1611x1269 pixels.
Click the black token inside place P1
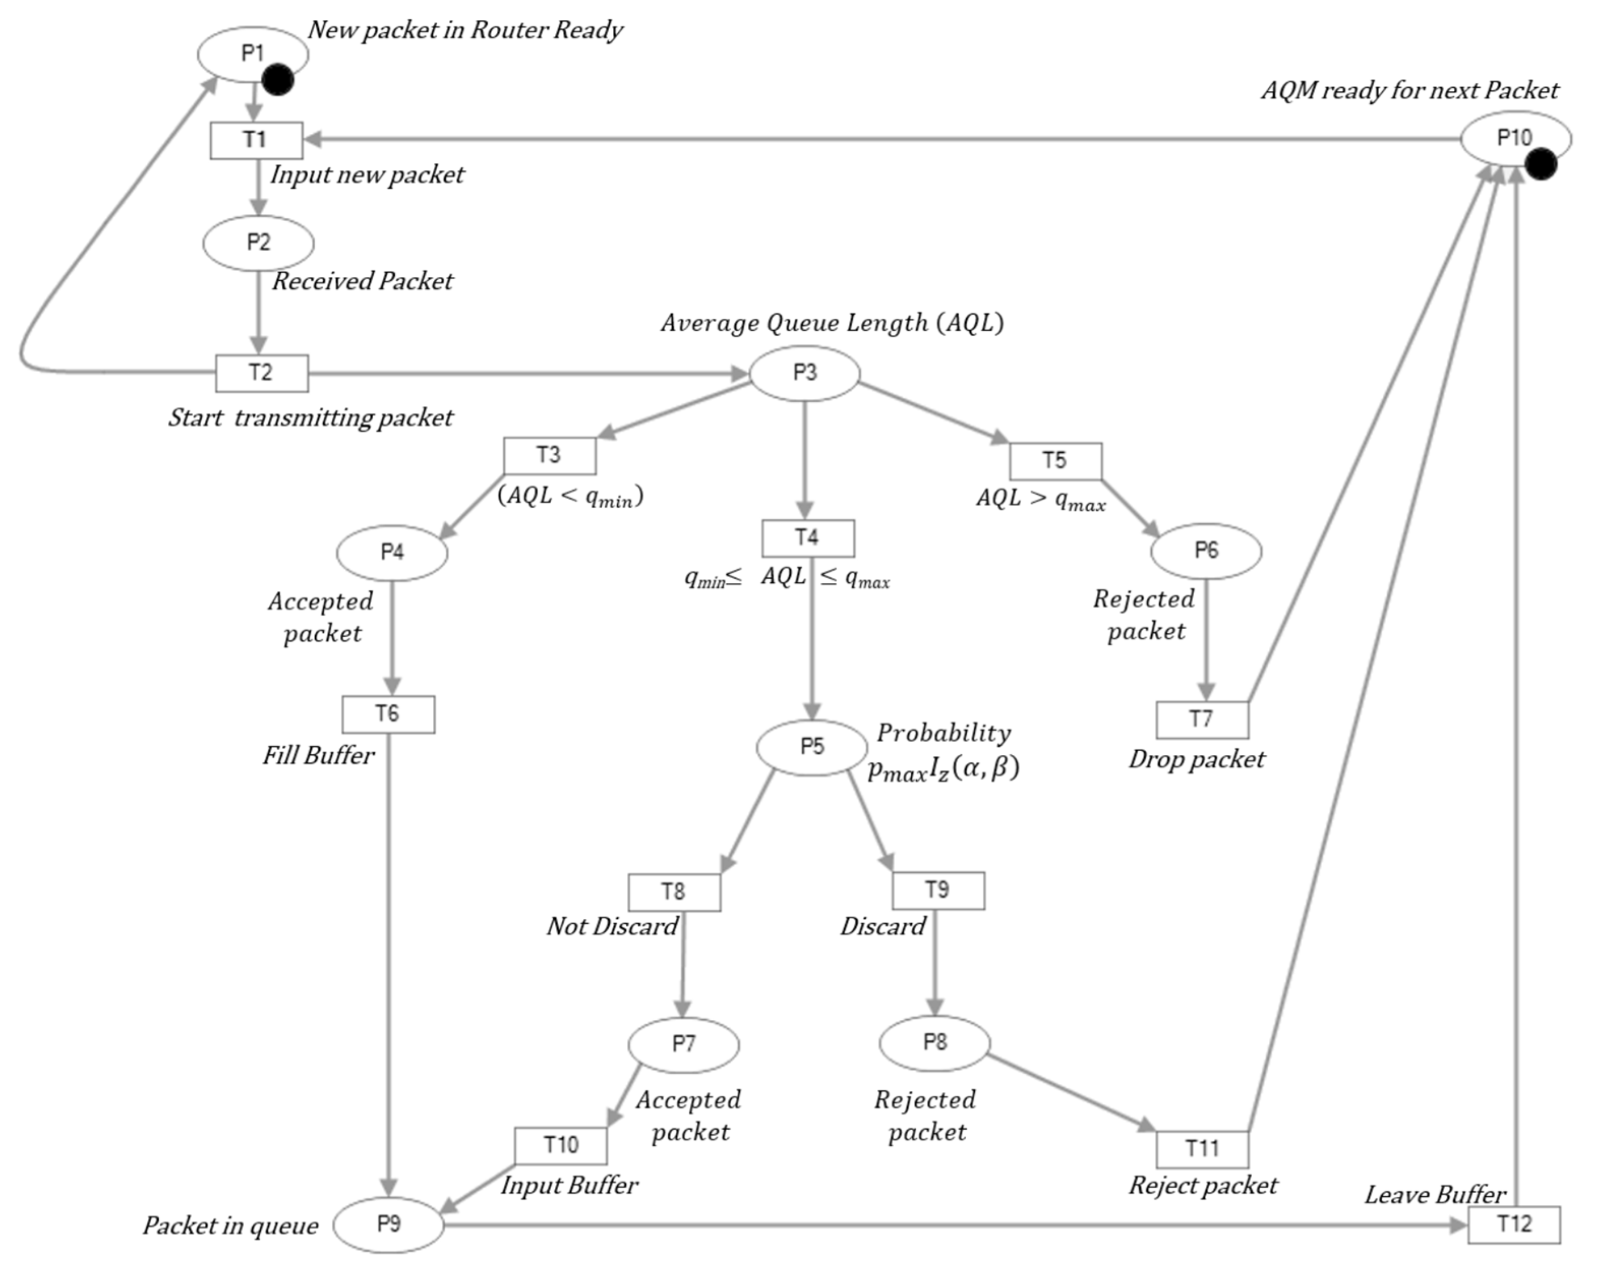pos(278,79)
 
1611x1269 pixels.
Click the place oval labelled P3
pos(804,373)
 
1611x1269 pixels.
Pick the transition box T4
pos(808,538)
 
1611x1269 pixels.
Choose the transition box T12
pos(1513,1224)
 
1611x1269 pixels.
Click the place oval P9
pos(389,1224)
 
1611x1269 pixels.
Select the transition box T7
pos(1201,719)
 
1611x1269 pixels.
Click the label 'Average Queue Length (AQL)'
pos(832,323)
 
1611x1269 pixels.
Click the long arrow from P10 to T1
pos(876,139)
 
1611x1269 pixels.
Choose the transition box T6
pos(387,715)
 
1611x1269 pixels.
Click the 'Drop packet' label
pos(1197,759)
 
